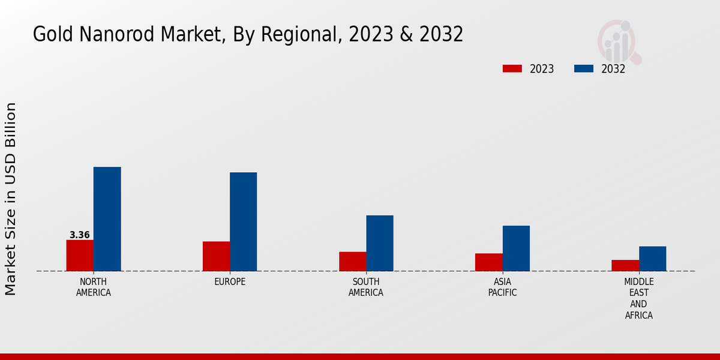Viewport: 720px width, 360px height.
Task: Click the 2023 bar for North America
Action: click(80, 255)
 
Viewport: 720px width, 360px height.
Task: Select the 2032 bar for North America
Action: click(107, 219)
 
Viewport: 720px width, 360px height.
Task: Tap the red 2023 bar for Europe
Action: click(216, 256)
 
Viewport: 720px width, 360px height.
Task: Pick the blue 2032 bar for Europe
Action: click(243, 221)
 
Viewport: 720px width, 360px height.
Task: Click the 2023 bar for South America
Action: click(352, 261)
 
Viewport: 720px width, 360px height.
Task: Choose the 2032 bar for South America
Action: click(380, 243)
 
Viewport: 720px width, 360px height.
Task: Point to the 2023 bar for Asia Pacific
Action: click(488, 262)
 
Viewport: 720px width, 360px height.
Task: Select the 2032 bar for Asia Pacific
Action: click(516, 248)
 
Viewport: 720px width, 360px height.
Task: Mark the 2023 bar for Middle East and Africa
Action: click(625, 265)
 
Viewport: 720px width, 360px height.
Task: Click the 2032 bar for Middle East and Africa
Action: click(652, 259)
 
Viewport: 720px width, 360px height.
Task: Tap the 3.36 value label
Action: click(80, 235)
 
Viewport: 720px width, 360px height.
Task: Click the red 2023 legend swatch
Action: click(512, 69)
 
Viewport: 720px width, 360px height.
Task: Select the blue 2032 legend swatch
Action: click(584, 69)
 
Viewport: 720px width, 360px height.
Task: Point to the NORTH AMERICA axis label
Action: click(94, 287)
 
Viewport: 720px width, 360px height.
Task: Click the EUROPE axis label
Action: click(230, 282)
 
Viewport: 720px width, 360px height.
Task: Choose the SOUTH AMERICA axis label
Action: click(366, 287)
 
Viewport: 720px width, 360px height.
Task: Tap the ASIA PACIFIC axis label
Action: click(502, 287)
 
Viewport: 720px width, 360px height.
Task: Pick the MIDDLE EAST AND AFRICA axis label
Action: click(638, 298)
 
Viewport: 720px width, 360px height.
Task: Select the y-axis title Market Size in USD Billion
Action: click(11, 199)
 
